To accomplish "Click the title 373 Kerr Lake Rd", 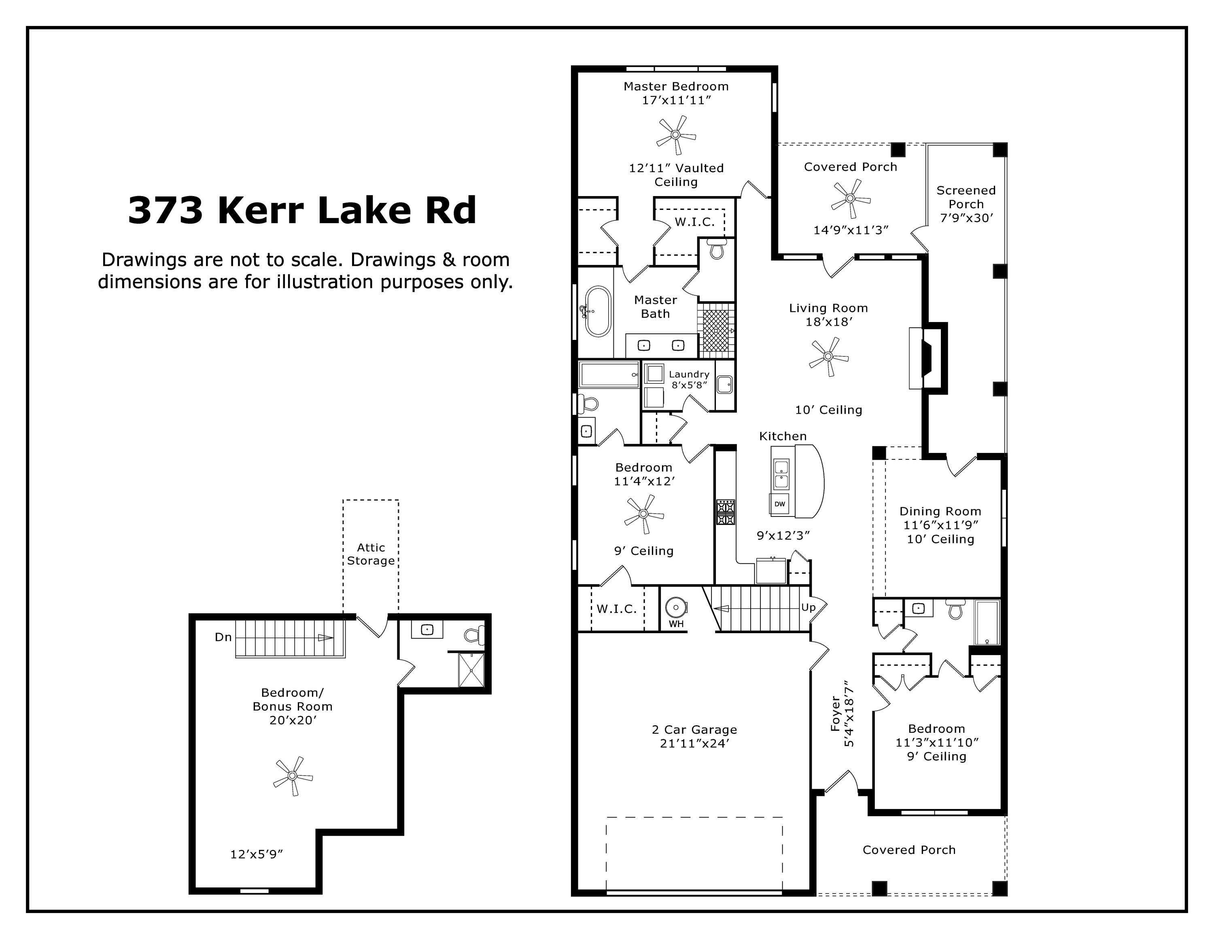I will (x=302, y=211).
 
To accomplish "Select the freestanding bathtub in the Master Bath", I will (x=598, y=312).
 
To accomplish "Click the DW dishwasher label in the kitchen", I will (x=780, y=504).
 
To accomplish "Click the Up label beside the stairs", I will (x=808, y=608).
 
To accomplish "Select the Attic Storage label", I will (x=371, y=554).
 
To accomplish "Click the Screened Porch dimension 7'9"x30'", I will (x=966, y=218).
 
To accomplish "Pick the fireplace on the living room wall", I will (x=927, y=357).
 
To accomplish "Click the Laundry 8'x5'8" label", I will (x=689, y=380).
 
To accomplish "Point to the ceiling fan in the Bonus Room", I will (x=293, y=776).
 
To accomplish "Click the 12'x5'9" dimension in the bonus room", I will (x=257, y=854).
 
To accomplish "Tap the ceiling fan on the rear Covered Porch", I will (x=850, y=198).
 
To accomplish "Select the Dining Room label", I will (x=940, y=511).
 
